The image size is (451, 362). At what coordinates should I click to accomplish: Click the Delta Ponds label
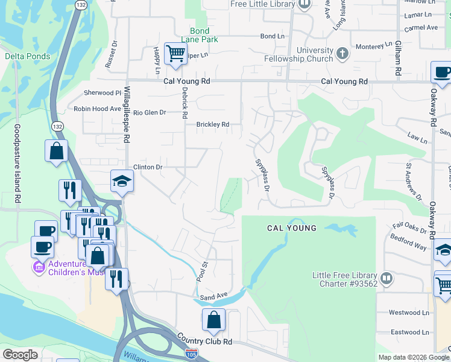tap(28, 56)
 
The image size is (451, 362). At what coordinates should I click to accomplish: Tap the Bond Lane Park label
tap(200, 35)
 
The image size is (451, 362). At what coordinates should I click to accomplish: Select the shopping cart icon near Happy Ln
tap(175, 54)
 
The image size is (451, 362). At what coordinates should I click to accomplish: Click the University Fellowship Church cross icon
tap(342, 54)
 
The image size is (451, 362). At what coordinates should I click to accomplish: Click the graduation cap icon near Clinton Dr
tap(121, 181)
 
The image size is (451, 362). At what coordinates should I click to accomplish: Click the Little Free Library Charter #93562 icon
tap(386, 279)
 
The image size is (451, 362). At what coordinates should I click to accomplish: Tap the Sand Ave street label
tap(213, 296)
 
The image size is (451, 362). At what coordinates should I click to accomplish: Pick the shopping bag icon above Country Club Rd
tap(213, 320)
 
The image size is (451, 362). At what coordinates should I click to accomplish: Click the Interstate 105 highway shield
tap(192, 353)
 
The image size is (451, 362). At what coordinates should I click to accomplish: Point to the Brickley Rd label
tap(213, 125)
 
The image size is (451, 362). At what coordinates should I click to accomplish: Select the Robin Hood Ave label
tap(97, 109)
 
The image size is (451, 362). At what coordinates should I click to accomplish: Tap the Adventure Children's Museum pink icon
tap(39, 267)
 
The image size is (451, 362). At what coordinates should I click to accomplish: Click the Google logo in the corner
tap(20, 355)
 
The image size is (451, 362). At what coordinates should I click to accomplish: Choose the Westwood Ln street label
tap(409, 313)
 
